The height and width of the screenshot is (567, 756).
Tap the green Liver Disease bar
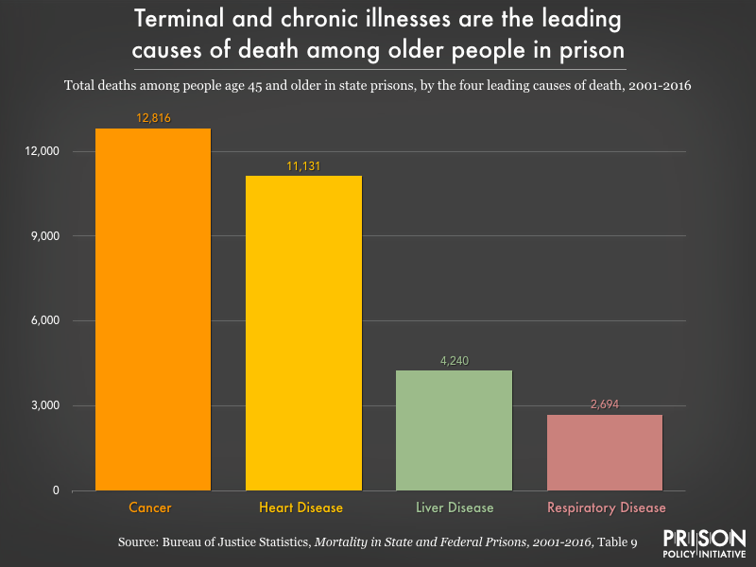(x=455, y=430)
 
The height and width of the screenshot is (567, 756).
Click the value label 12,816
(x=152, y=118)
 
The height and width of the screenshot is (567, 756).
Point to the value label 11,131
(x=303, y=166)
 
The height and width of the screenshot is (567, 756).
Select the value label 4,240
(x=455, y=360)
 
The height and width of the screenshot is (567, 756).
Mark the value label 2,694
(x=605, y=404)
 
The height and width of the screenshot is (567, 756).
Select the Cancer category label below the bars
(x=150, y=507)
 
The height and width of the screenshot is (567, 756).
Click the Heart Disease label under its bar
(x=302, y=507)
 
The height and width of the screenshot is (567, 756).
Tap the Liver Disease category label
(x=455, y=507)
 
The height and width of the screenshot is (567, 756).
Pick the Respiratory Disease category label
(x=606, y=507)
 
